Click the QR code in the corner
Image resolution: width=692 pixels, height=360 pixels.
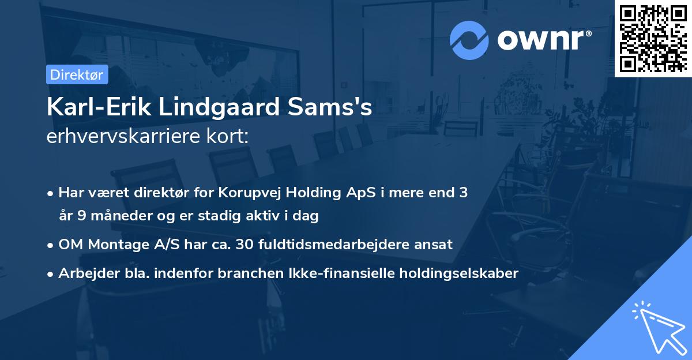point(653,39)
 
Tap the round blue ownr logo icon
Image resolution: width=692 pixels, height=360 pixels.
point(469,40)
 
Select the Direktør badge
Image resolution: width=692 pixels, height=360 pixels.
point(77,74)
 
